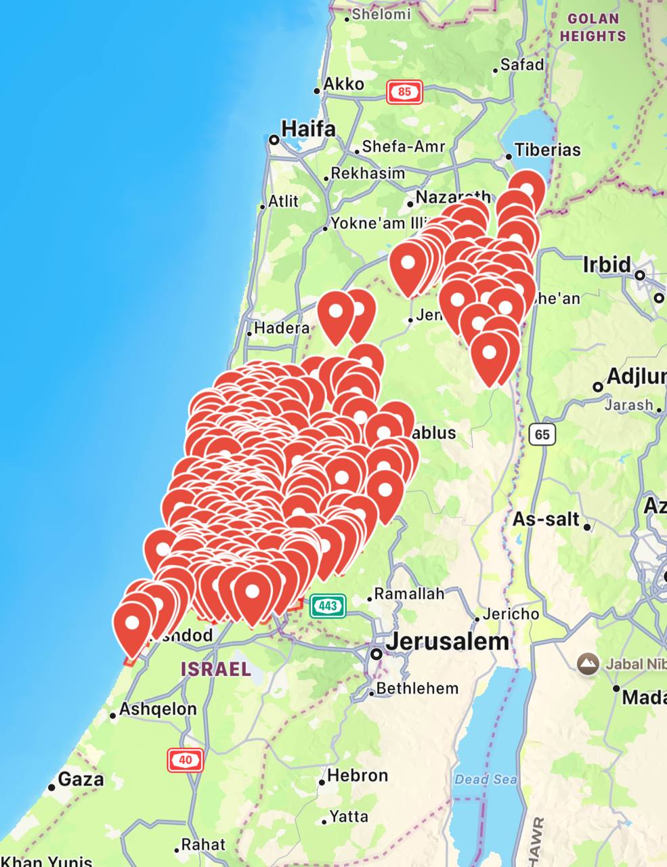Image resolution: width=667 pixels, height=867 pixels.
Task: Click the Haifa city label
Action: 308,128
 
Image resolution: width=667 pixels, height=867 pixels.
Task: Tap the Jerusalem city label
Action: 447,641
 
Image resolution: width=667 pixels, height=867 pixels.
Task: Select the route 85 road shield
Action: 404,92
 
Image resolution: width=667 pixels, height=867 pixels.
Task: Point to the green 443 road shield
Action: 328,606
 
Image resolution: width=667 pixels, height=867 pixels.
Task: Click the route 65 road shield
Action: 542,434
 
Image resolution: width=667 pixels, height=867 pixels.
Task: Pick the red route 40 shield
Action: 186,760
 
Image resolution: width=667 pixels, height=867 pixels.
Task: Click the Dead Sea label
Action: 486,780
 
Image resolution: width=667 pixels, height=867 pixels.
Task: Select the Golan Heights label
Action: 593,27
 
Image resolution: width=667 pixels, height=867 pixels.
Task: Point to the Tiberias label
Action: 547,150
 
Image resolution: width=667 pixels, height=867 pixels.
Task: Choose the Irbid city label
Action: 607,264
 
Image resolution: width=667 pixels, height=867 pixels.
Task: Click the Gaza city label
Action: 81,779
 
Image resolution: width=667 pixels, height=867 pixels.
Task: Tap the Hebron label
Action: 358,775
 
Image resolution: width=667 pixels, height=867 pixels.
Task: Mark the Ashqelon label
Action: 158,709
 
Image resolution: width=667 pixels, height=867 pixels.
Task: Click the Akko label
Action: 343,84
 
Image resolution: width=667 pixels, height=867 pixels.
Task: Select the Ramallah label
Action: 409,594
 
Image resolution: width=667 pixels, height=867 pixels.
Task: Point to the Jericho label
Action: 511,614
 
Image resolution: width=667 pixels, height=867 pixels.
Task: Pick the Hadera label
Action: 282,328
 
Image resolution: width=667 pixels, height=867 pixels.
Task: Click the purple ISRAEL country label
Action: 216,669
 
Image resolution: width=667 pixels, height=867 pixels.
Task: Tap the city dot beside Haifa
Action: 274,140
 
